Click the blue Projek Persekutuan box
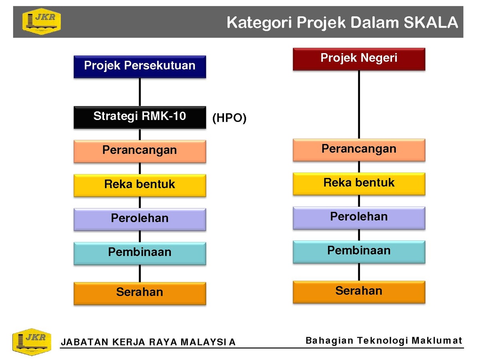tap(140, 67)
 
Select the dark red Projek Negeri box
tap(359, 59)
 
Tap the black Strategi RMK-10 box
tap(140, 117)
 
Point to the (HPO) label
tap(229, 118)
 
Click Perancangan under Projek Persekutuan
tap(140, 151)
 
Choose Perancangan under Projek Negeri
tap(359, 150)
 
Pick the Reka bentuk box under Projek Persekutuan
tap(140, 185)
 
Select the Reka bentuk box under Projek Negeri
tap(359, 184)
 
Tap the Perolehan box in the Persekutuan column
tap(140, 220)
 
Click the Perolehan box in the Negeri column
tap(359, 218)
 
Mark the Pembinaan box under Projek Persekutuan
tap(140, 254)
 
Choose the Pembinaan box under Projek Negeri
tap(359, 252)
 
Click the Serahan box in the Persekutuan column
tap(140, 294)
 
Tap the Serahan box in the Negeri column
tap(359, 292)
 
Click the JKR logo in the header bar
tap(41, 22)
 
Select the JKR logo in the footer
tap(32, 342)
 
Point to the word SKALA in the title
tap(430, 22)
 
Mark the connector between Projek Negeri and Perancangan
tap(359, 104)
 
